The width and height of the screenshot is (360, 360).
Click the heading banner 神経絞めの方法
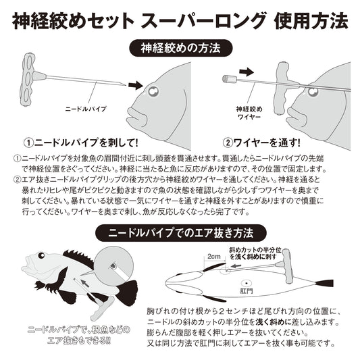[x=180, y=49]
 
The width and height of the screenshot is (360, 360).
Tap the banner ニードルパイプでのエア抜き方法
[x=180, y=232]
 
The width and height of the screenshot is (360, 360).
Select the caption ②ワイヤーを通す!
[x=262, y=143]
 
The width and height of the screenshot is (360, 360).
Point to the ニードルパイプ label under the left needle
[x=85, y=109]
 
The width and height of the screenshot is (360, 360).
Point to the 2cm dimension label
[x=215, y=257]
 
